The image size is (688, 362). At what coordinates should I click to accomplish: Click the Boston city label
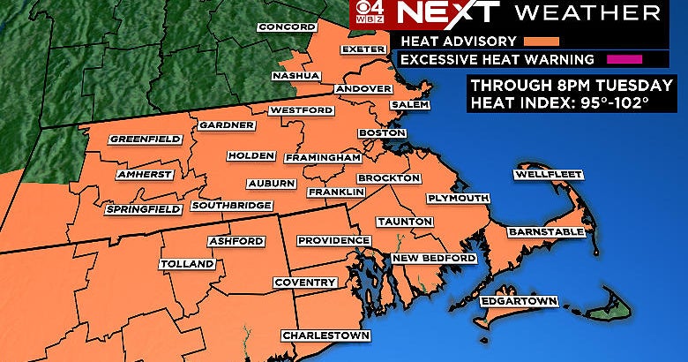pyautogui.click(x=380, y=132)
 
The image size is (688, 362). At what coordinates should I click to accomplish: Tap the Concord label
pyautogui.click(x=286, y=27)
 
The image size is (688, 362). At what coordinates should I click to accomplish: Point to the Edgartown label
pyautogui.click(x=519, y=302)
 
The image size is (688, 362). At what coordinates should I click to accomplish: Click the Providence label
pyautogui.click(x=333, y=240)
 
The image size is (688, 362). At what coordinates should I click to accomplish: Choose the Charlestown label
pyautogui.click(x=325, y=336)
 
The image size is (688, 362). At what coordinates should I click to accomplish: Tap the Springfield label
pyautogui.click(x=143, y=209)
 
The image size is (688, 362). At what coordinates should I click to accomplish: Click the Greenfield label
pyautogui.click(x=146, y=140)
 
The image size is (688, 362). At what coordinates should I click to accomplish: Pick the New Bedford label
pyautogui.click(x=434, y=258)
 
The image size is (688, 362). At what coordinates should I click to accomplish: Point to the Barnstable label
pyautogui.click(x=546, y=231)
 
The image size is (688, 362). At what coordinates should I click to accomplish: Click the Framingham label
pyautogui.click(x=323, y=157)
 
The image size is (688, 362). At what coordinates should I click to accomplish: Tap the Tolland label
pyautogui.click(x=187, y=264)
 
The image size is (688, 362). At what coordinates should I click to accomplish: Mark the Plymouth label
pyautogui.click(x=458, y=199)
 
